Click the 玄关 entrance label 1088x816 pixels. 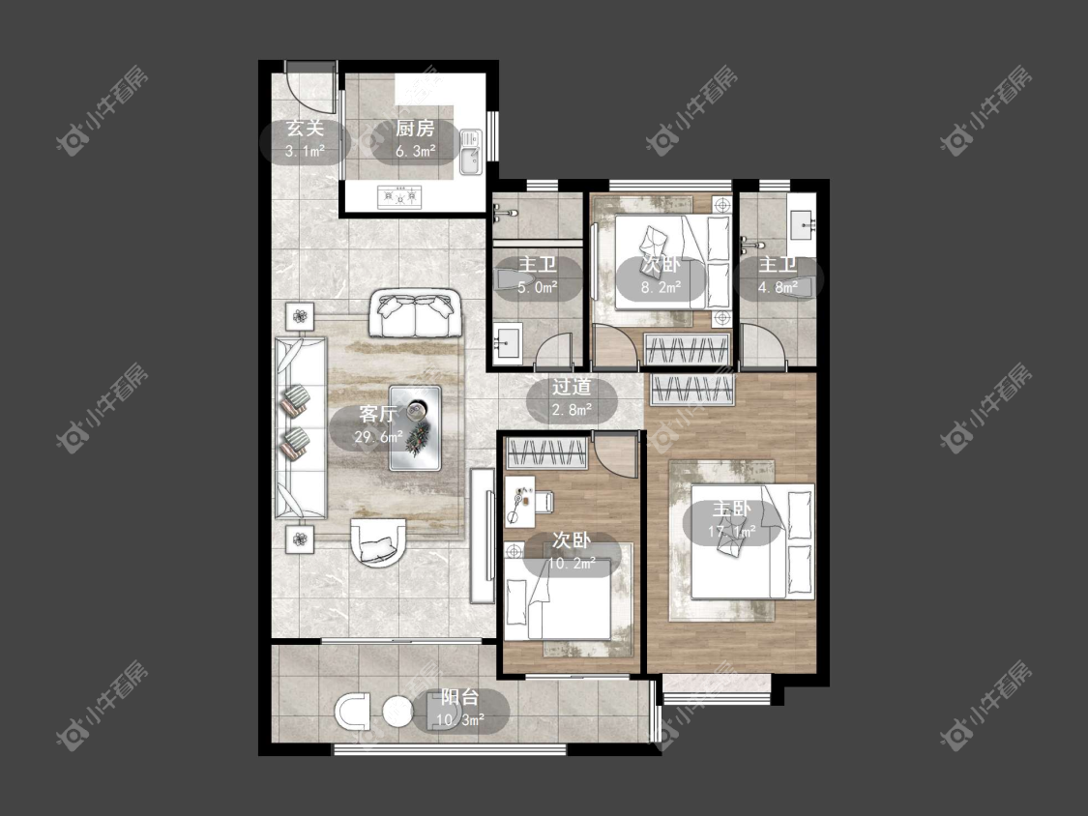click(x=306, y=129)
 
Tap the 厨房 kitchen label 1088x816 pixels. click(x=415, y=129)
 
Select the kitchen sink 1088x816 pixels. click(x=470, y=152)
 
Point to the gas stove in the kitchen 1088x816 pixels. click(x=399, y=197)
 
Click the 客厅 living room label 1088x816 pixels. click(x=378, y=414)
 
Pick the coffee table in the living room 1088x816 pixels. click(x=415, y=428)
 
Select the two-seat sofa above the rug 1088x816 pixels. click(x=415, y=313)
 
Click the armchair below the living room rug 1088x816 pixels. click(x=378, y=542)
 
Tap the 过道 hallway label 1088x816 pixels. click(x=572, y=387)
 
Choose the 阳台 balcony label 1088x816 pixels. click(x=460, y=697)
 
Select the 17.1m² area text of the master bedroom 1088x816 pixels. click(x=731, y=532)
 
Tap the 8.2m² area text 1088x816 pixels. click(x=661, y=286)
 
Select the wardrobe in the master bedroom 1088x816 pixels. click(x=691, y=390)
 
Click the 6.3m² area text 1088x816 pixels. click(x=415, y=151)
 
